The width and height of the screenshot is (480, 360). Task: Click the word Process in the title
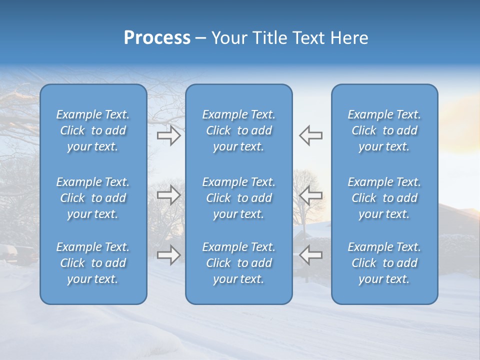click(x=157, y=38)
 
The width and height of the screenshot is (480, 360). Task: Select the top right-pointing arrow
click(x=168, y=135)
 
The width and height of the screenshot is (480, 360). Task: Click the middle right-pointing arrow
click(x=168, y=195)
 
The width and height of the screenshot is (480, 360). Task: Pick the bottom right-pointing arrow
click(x=168, y=255)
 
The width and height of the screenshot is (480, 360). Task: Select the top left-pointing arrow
click(x=310, y=135)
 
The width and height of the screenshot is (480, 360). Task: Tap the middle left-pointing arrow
click(x=310, y=195)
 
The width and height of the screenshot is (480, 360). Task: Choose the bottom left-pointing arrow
click(x=310, y=255)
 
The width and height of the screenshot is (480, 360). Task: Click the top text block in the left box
click(x=93, y=130)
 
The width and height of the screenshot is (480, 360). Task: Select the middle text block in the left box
click(x=93, y=198)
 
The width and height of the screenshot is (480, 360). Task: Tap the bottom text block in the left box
click(x=93, y=263)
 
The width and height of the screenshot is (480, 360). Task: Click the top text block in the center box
click(x=238, y=130)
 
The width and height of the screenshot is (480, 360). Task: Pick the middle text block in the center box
click(x=238, y=198)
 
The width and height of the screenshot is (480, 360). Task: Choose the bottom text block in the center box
click(x=238, y=263)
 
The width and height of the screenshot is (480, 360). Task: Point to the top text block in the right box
click(x=384, y=130)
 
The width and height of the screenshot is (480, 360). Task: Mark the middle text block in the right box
click(x=384, y=198)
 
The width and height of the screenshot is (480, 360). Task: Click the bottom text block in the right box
click(x=384, y=263)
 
